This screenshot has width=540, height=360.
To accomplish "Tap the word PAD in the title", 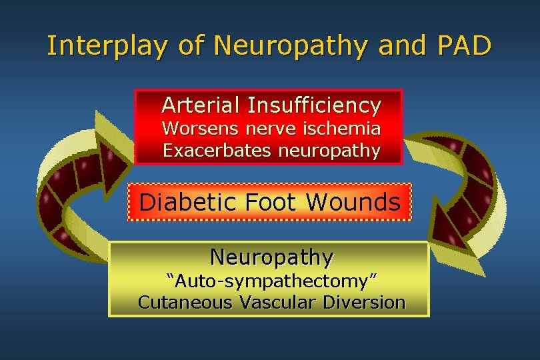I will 464,45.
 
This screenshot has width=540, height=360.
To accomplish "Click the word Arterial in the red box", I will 201,105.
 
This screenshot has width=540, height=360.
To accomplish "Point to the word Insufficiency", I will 314,105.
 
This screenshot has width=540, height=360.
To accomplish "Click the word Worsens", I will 194,127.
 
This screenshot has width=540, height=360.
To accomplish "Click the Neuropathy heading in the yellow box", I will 271,257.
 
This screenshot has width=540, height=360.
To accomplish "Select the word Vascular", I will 277,302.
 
